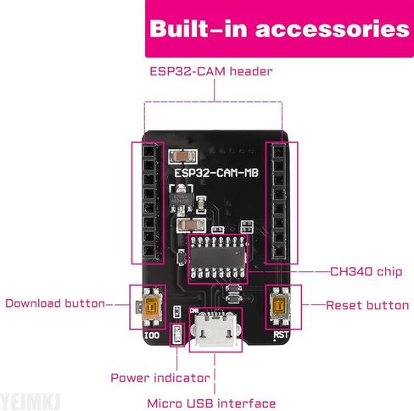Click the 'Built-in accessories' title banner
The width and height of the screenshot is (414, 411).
279,28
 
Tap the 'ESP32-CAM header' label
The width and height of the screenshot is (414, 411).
211,71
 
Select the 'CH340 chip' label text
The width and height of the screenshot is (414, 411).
366,271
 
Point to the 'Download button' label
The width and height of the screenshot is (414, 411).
55,303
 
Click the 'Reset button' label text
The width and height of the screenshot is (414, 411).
367,305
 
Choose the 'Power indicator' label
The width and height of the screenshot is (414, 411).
160,378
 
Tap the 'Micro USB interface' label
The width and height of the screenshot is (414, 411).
211,403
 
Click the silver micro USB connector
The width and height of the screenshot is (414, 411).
216,329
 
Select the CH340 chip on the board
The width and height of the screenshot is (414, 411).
218,258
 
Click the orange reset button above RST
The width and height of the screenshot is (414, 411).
279,306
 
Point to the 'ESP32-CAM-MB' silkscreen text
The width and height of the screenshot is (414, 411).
216,173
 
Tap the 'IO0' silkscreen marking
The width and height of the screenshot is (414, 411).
152,336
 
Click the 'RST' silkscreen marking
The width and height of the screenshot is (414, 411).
281,335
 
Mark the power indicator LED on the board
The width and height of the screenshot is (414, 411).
177,335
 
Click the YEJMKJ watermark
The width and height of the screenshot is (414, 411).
31,402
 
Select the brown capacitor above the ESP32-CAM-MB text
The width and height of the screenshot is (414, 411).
182,157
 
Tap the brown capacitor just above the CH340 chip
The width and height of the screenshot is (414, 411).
191,225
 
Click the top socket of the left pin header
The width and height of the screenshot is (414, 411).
149,151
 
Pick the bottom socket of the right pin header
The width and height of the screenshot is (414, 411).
279,251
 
